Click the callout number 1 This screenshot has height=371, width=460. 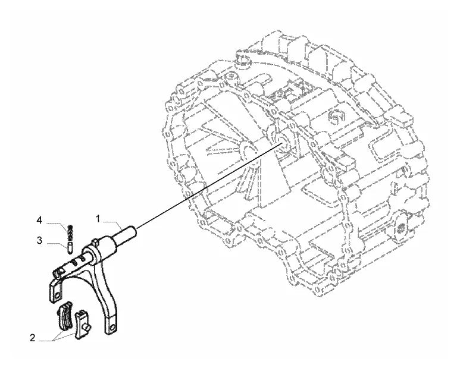point(98,219)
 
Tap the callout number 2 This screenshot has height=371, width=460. point(33,338)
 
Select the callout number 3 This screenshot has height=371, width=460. point(39,241)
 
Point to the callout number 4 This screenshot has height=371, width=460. point(39,220)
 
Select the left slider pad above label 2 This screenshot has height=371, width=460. point(65,316)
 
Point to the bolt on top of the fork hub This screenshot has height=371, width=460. point(95,241)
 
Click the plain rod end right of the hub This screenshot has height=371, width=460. point(126,234)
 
